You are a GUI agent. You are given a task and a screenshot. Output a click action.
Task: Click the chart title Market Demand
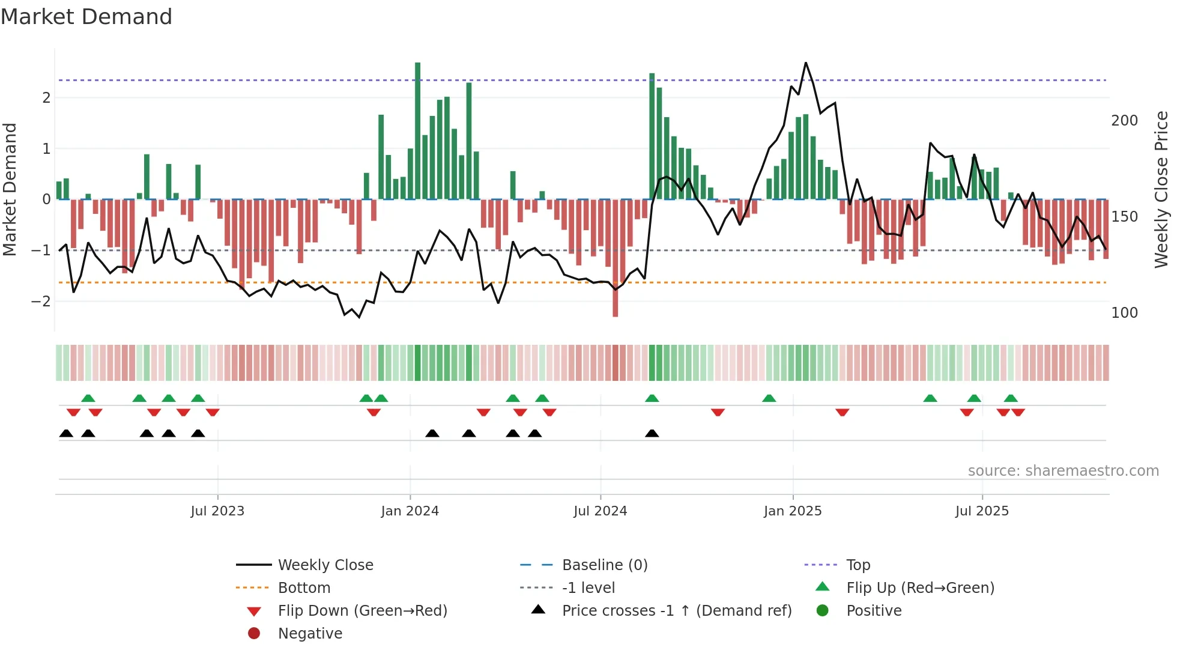click(x=86, y=17)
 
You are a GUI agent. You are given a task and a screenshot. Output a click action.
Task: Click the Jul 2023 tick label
click(x=217, y=511)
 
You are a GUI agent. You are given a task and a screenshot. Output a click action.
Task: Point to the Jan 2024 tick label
click(x=410, y=511)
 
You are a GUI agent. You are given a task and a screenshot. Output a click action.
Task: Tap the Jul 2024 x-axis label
click(x=601, y=511)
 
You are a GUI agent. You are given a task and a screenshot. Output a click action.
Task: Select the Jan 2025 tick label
click(x=793, y=511)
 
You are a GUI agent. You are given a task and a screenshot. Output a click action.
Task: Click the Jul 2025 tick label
click(x=982, y=511)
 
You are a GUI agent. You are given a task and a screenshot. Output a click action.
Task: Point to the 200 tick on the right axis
click(x=1124, y=121)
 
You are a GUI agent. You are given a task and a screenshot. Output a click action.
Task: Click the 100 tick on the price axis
click(x=1124, y=313)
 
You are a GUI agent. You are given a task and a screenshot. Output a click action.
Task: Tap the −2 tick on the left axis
click(x=41, y=301)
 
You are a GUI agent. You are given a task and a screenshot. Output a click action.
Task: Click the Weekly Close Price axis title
click(x=1161, y=189)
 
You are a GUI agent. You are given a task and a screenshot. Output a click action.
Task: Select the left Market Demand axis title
click(x=10, y=189)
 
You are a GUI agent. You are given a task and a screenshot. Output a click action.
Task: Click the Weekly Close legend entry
click(x=325, y=565)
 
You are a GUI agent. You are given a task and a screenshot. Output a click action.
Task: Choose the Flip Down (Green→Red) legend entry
click(x=362, y=611)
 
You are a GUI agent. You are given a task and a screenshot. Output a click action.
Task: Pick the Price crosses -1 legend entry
click(x=676, y=611)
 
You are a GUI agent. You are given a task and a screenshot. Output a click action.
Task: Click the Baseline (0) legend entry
click(x=604, y=565)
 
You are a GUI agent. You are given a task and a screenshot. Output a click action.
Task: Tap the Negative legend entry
click(x=310, y=634)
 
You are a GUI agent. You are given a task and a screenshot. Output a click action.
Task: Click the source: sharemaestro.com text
click(x=1063, y=471)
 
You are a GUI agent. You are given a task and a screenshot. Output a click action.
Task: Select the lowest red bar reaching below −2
click(x=615, y=258)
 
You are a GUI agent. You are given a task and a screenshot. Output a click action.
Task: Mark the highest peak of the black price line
click(x=806, y=62)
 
